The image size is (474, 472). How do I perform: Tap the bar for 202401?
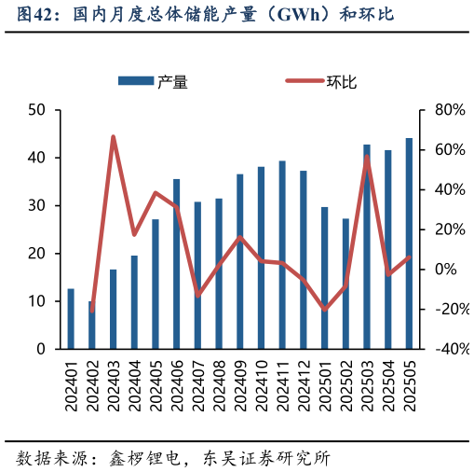71,319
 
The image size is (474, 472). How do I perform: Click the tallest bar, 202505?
409,243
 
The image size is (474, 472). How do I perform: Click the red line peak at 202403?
113,137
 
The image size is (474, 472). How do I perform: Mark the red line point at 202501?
324,309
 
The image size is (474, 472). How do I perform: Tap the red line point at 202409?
239,237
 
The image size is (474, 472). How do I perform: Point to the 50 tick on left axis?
38,110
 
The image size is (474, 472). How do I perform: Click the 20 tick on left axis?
38,254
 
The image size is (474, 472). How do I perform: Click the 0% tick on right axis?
448,270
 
